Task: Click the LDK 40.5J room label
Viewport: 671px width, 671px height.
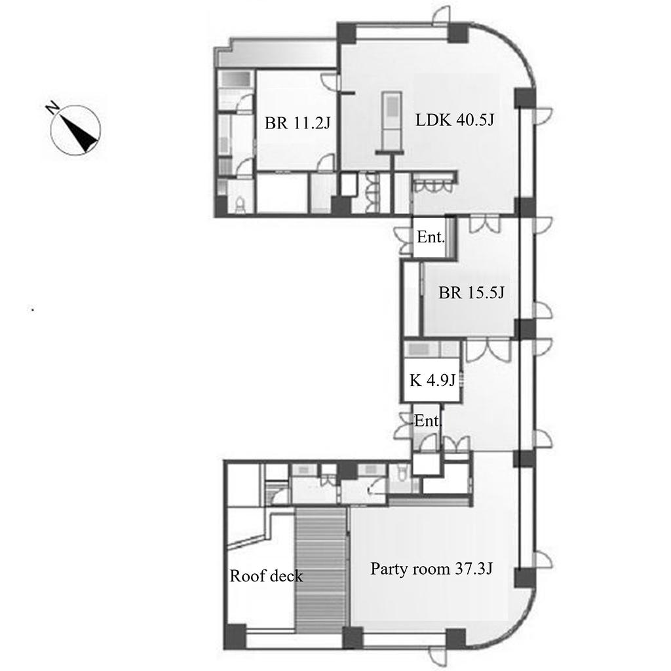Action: pyautogui.click(x=455, y=120)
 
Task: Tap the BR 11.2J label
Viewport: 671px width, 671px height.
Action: pyautogui.click(x=297, y=123)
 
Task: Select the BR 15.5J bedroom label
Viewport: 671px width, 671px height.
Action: pyautogui.click(x=472, y=293)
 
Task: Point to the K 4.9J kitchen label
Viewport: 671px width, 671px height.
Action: pyautogui.click(x=432, y=380)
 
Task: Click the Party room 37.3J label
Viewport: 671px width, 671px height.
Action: pyautogui.click(x=431, y=569)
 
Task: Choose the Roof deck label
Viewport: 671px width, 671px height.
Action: pyautogui.click(x=266, y=576)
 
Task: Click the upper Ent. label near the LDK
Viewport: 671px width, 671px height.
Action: pyautogui.click(x=431, y=237)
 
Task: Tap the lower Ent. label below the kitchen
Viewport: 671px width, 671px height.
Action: pyautogui.click(x=428, y=421)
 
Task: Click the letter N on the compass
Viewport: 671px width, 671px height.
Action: pyautogui.click(x=52, y=107)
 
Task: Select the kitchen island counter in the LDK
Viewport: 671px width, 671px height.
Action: pyautogui.click(x=392, y=123)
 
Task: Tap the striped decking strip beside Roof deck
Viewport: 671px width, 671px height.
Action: pyautogui.click(x=320, y=571)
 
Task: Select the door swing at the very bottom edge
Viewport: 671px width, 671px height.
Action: pyautogui.click(x=439, y=657)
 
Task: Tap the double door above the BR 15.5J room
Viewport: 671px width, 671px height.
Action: pyautogui.click(x=484, y=225)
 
